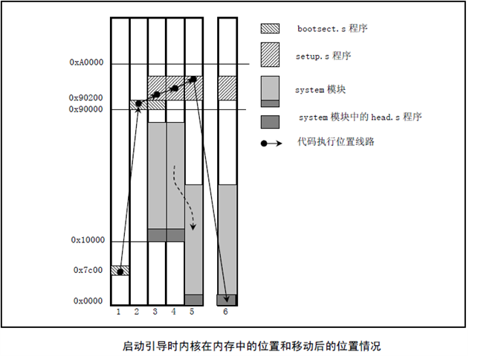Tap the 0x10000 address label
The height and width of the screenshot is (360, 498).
(x=88, y=241)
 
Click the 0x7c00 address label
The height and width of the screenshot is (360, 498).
(x=90, y=271)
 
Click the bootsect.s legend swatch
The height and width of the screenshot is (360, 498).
(x=270, y=29)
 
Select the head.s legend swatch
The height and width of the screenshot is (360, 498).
(x=270, y=118)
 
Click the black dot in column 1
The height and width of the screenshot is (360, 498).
(x=120, y=272)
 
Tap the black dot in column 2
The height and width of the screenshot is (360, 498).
(x=138, y=103)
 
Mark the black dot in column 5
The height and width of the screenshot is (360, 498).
(x=193, y=80)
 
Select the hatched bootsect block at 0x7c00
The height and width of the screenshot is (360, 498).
(x=120, y=271)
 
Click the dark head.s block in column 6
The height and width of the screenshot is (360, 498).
(x=227, y=300)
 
